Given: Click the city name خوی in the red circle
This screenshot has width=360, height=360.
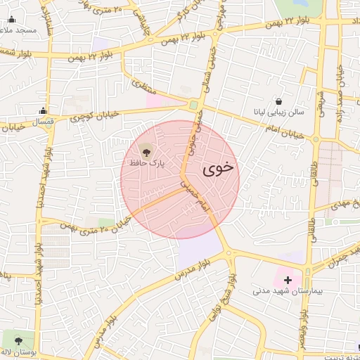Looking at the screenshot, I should [219, 169].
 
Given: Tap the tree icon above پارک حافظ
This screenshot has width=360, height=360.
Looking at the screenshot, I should [146, 150].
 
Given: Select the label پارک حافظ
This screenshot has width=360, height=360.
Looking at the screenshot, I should [147, 162].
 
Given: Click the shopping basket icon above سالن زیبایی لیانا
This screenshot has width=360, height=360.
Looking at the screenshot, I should [280, 101].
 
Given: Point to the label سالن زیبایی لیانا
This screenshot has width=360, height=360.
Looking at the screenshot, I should [279, 112].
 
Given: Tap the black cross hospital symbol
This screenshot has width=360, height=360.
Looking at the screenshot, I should [288, 279].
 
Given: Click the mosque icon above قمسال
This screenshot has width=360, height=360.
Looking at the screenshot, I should [43, 110].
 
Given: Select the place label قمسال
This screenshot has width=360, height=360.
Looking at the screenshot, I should [44, 122].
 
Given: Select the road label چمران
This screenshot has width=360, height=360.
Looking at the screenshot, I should [337, 259].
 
